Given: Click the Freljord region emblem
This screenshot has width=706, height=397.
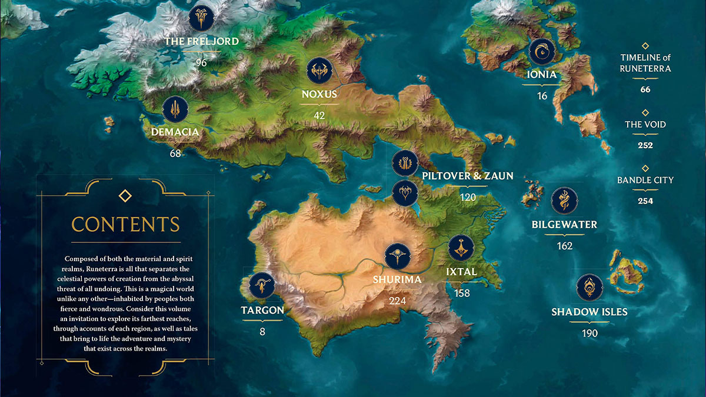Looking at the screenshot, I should coord(201,18).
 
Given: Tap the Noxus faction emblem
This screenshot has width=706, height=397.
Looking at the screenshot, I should coord(319,71).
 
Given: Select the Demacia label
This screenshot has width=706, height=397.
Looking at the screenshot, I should coord(175,132).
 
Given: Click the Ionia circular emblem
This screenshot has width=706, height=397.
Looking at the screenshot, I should coord(542,52).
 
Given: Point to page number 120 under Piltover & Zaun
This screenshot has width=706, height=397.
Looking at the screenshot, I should coord(468,198).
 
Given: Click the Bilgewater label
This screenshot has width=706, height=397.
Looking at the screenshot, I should coord(564,225).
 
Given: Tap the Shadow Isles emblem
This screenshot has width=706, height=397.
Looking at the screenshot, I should coord(589,288).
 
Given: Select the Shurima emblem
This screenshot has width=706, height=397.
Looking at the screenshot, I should coord(397,256).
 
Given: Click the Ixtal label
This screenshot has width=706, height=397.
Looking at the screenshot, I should coord(462,272).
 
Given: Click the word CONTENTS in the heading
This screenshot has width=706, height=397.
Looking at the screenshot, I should coord(125,224).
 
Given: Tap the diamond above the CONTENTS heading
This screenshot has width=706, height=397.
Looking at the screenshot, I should coord(125,195).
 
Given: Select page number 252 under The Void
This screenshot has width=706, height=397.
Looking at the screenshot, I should coord(645,145).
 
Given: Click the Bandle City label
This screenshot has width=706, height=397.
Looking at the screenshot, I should coord(645,180).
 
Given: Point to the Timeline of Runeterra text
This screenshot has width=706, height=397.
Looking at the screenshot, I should coord(645,63).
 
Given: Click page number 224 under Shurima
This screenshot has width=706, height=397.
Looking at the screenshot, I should coord(397,301).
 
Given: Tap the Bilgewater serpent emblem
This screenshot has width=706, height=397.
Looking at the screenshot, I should coord(564,201).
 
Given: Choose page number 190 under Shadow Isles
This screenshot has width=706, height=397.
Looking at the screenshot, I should coord(589,333).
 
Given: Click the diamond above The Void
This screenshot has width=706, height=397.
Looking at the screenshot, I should coord(645,112).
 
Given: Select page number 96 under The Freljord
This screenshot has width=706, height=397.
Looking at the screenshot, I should coord(201,62).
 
